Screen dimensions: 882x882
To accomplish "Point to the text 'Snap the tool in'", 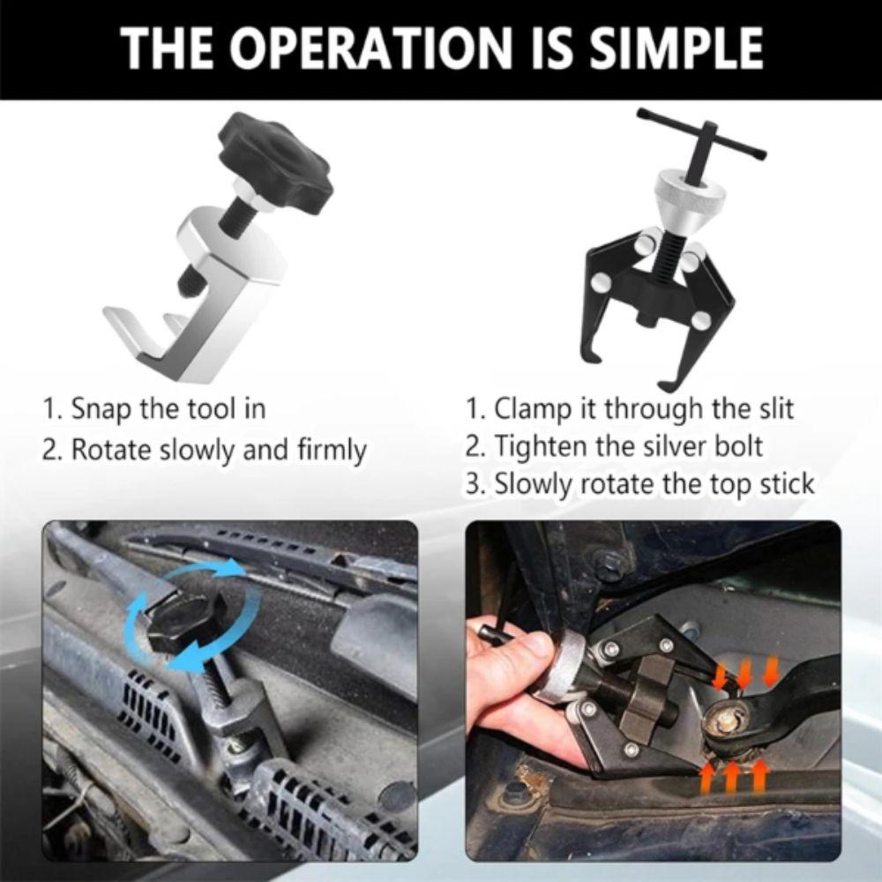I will (154, 409).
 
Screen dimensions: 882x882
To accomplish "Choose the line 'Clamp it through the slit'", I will (630, 409).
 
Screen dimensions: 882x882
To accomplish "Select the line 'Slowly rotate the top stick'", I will (640, 484).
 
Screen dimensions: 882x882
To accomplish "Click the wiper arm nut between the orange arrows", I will (729, 719).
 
